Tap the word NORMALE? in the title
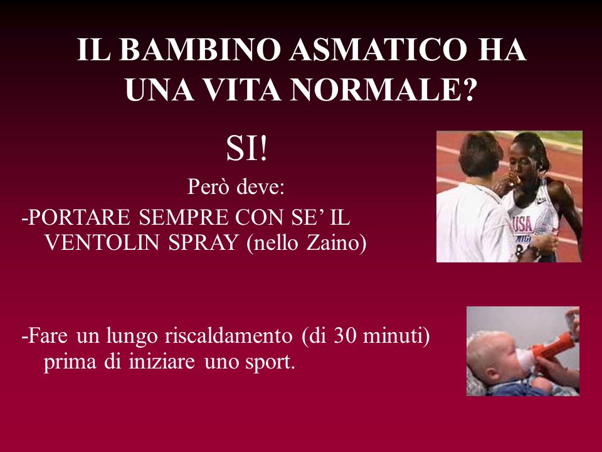tap(383, 90)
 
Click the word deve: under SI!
tap(260, 187)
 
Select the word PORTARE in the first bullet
tap(80, 217)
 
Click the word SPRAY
tap(203, 242)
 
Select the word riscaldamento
tap(229, 335)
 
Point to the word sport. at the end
tap(270, 362)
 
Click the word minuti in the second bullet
tap(393, 335)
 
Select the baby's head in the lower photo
tap(493, 357)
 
